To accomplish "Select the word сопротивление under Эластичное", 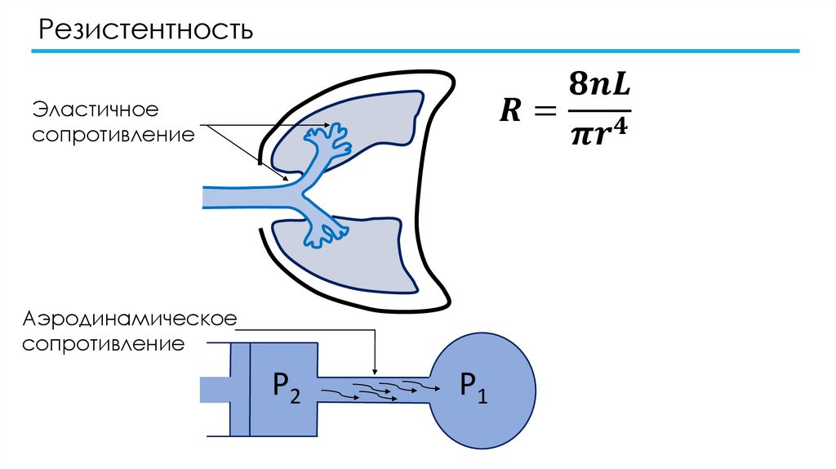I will pyautogui.click(x=113, y=133).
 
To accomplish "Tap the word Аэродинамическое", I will pyautogui.click(x=130, y=318).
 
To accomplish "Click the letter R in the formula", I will pyautogui.click(x=509, y=111).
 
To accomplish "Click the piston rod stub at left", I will pyautogui.click(x=215, y=389).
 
